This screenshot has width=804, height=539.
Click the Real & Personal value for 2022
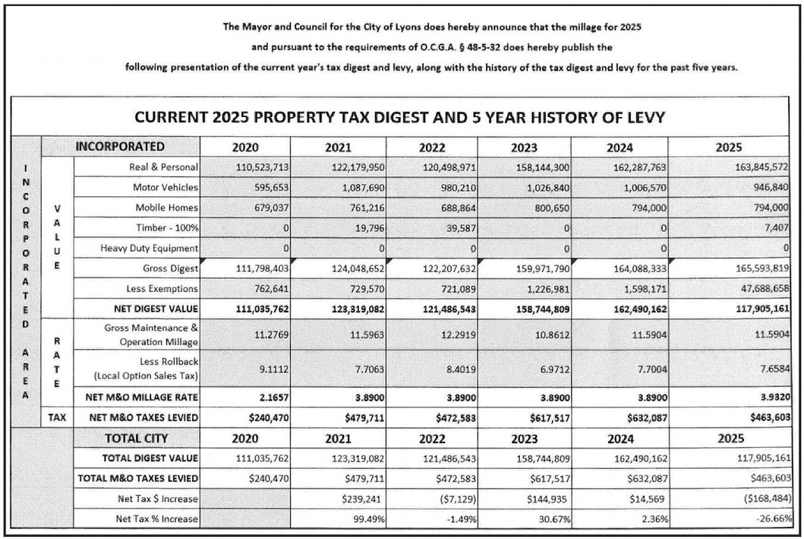tap(447, 166)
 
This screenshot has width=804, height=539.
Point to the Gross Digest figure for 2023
tap(539, 268)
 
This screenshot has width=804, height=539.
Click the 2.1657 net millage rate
tap(270, 397)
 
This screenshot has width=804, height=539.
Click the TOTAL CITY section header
tap(136, 439)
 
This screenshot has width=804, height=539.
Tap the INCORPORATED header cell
tap(120, 147)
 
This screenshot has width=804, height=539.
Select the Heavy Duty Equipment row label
tap(149, 248)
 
